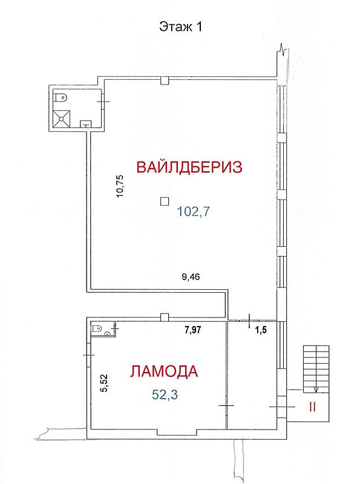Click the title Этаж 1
(x=180, y=27)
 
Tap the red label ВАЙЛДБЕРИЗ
(x=189, y=168)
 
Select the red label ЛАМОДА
(x=163, y=371)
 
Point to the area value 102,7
(x=193, y=212)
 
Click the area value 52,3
(x=165, y=394)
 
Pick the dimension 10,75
(x=120, y=186)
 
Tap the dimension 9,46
(x=191, y=276)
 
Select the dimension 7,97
(x=193, y=330)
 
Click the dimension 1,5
(x=261, y=330)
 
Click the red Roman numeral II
(x=312, y=407)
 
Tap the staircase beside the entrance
(x=316, y=369)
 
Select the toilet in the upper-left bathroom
(x=61, y=98)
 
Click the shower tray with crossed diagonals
(x=62, y=119)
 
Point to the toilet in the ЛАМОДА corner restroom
(x=97, y=327)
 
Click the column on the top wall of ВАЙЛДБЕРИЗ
(x=165, y=80)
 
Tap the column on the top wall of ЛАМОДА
(x=165, y=318)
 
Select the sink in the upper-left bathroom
(x=85, y=124)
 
